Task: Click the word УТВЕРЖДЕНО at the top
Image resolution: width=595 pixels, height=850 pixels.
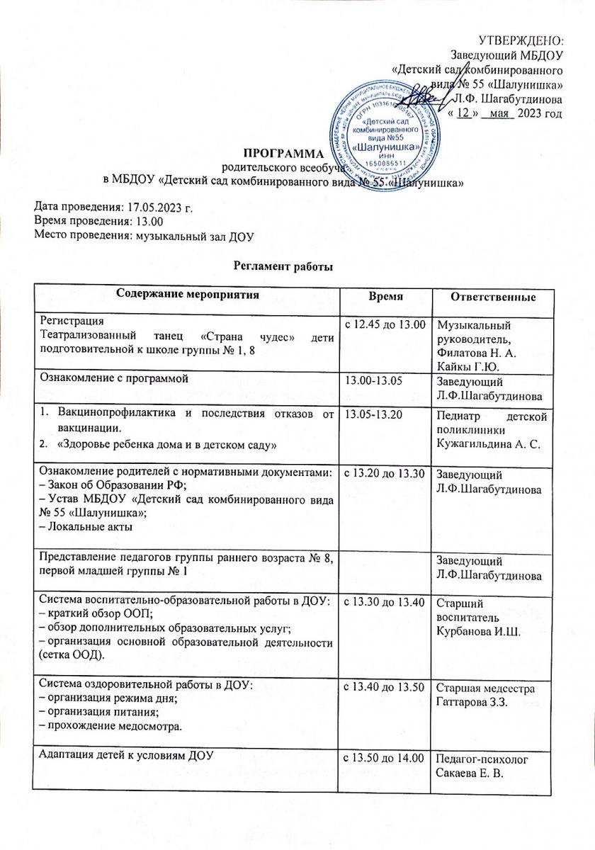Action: coord(521,40)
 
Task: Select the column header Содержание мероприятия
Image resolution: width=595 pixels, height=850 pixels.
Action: coord(187,293)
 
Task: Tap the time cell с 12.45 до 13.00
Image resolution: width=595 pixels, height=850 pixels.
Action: coord(384,324)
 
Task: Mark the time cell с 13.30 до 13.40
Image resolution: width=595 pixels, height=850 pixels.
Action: coord(384,602)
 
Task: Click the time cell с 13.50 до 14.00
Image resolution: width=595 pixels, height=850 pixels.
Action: coord(384,754)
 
